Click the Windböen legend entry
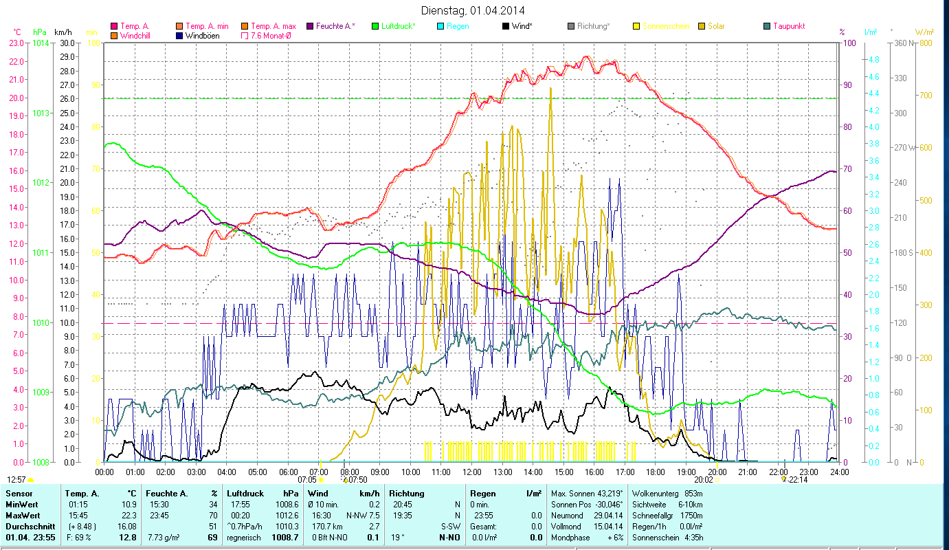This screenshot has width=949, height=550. coord(201,35)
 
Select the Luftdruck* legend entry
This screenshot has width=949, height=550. coord(399,26)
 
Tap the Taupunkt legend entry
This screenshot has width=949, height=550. coord(788,26)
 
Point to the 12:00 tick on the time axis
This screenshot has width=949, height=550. coord(471,472)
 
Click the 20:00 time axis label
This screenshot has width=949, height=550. coord(717,472)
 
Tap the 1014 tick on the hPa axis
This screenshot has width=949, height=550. coord(41,43)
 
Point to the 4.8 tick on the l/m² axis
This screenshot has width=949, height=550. coord(873,60)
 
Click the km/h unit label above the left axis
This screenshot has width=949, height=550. coord(63,32)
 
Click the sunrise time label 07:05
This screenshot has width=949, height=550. coord(307,479)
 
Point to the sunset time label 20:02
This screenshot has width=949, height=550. coord(703,479)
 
